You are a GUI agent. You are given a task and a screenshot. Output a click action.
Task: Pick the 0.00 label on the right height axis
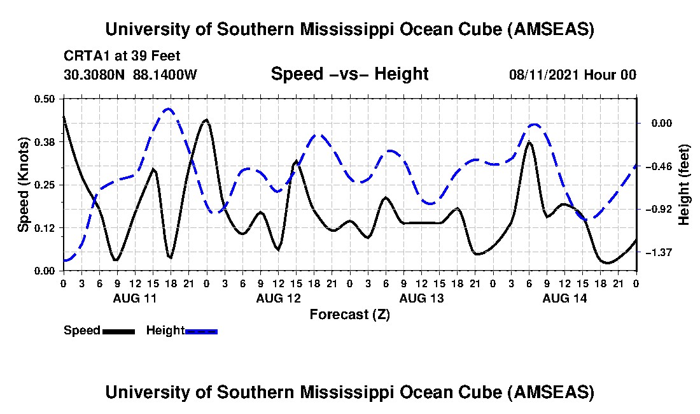pyautogui.click(x=662, y=123)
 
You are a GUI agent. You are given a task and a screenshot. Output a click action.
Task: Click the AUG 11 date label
pyautogui.click(x=134, y=297)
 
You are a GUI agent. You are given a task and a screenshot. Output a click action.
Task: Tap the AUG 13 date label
pyautogui.click(x=421, y=297)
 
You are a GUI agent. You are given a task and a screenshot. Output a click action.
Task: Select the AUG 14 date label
pyautogui.click(x=564, y=297)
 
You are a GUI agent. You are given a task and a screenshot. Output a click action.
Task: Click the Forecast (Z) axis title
pyautogui.click(x=349, y=314)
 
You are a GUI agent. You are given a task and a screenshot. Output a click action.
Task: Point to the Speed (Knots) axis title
pyautogui.click(x=24, y=185)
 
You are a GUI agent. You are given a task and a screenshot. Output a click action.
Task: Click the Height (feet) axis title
pyautogui.click(x=684, y=185)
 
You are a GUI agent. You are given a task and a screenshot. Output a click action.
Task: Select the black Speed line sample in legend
pyautogui.click(x=118, y=331)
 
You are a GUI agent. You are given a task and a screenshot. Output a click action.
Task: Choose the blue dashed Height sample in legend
pyautogui.click(x=201, y=331)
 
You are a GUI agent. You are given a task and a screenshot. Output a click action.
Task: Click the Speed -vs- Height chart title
pyautogui.click(x=349, y=74)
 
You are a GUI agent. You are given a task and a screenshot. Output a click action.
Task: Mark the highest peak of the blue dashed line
pyautogui.click(x=168, y=109)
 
